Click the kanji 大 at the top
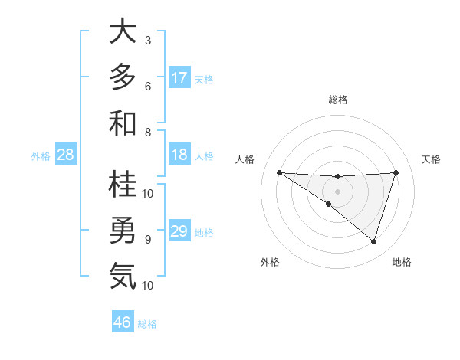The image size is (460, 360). [123, 32]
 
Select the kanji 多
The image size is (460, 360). [123, 77]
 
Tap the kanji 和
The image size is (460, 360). [123, 123]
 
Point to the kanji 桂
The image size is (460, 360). [123, 185]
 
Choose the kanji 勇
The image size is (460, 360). [123, 230]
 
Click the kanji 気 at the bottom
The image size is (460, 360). [123, 276]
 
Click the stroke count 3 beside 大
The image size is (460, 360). [148, 40]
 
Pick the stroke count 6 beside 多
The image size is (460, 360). [148, 86]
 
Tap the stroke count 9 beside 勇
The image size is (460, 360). [148, 239]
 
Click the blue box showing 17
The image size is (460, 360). [179, 78]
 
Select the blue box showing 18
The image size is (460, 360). [179, 155]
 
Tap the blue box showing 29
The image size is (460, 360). [179, 231]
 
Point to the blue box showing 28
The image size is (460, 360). [66, 155]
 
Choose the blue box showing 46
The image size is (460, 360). [123, 322]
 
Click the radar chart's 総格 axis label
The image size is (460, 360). [337, 100]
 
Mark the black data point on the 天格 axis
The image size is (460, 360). [396, 172]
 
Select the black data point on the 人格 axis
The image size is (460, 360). [279, 172]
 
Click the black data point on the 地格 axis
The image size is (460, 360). [373, 241]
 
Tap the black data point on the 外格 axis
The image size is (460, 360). [329, 204]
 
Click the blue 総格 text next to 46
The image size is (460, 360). [147, 323]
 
